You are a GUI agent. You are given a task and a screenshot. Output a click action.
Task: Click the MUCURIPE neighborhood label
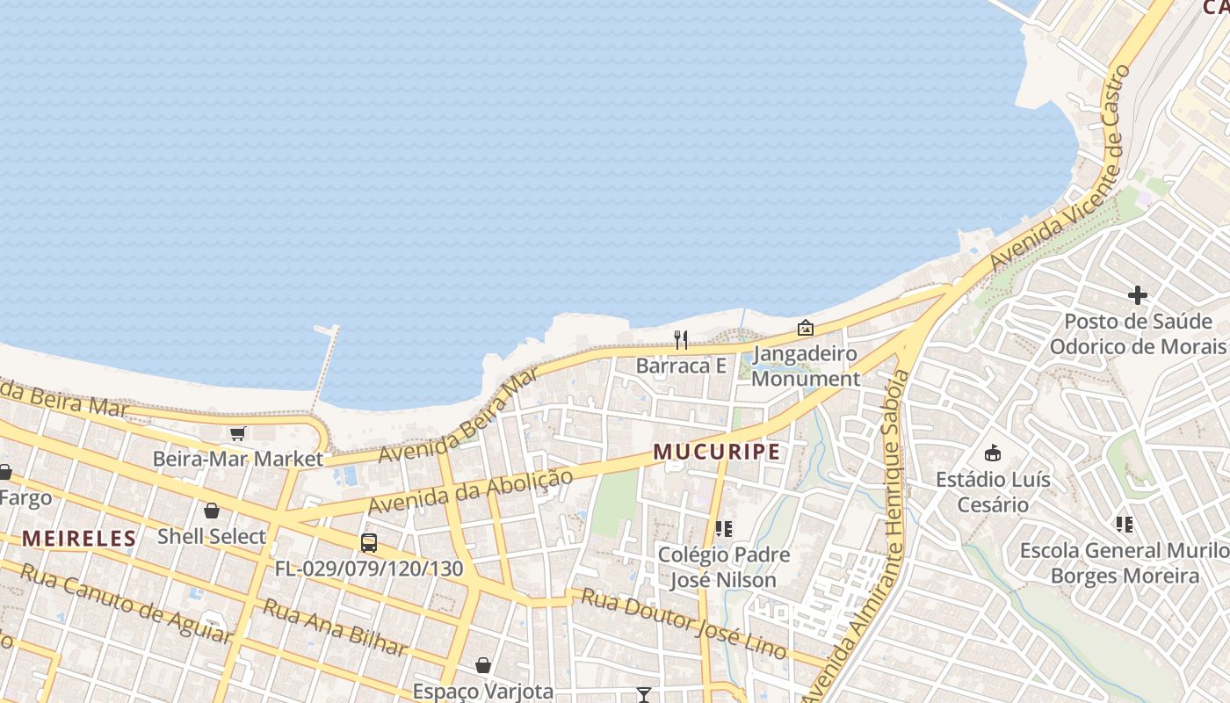pyautogui.click(x=716, y=452)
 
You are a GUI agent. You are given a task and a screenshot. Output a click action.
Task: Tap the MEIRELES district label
pyautogui.click(x=79, y=538)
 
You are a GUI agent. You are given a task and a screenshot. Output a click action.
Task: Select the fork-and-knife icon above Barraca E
pyautogui.click(x=681, y=340)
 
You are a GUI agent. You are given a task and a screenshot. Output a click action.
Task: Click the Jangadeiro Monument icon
pyautogui.click(x=805, y=329)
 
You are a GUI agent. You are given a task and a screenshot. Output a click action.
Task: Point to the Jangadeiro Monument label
pyautogui.click(x=805, y=366)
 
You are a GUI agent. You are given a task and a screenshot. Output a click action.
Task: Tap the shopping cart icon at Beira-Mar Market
pyautogui.click(x=237, y=434)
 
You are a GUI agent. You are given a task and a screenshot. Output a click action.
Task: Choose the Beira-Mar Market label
pyautogui.click(x=238, y=459)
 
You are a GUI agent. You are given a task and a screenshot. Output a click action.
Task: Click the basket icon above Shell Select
pyautogui.click(x=212, y=511)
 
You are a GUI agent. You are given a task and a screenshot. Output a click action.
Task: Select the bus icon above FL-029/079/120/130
pyautogui.click(x=369, y=543)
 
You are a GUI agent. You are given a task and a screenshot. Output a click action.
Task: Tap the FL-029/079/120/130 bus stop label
pyautogui.click(x=369, y=569)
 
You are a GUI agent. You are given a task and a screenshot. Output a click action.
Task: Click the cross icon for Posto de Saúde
pyautogui.click(x=1138, y=295)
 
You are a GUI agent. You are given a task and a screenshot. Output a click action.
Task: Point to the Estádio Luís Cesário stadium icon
pyautogui.click(x=993, y=453)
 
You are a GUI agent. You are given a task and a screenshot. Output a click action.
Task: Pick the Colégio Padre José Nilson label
pyautogui.click(x=724, y=568)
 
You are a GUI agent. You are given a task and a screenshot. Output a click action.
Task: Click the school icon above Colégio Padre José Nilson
pyautogui.click(x=724, y=529)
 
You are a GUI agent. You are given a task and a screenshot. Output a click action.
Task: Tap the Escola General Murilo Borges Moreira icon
pyautogui.click(x=1125, y=525)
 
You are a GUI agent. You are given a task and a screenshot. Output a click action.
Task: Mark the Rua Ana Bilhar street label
pyautogui.click(x=336, y=627)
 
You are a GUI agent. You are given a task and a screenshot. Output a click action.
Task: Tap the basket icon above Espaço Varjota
pyautogui.click(x=482, y=665)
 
